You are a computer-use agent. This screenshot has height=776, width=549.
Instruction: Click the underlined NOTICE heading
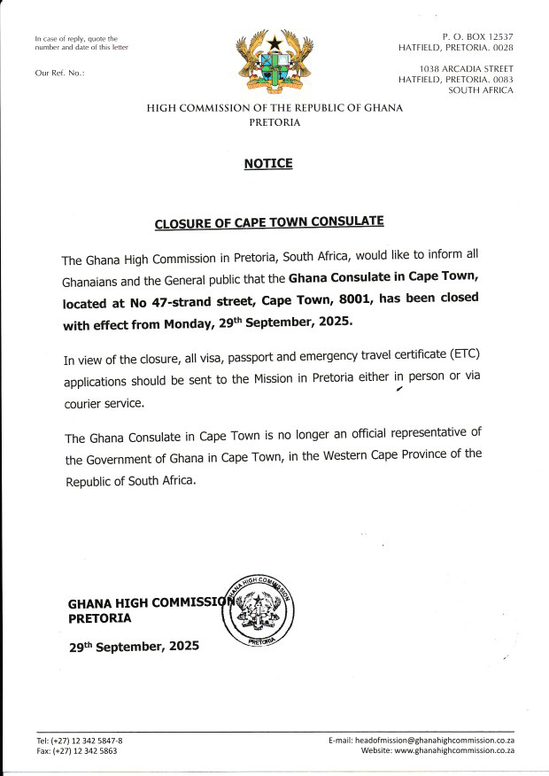(x=267, y=164)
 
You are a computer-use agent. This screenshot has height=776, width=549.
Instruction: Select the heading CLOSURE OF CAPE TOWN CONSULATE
(x=270, y=224)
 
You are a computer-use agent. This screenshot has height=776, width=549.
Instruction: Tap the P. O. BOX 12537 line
(x=477, y=36)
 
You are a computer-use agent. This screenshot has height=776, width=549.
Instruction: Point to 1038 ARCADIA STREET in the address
(x=468, y=68)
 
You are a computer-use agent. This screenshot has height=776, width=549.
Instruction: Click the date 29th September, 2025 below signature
(x=134, y=647)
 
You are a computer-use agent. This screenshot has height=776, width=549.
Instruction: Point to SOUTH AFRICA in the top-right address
(x=481, y=89)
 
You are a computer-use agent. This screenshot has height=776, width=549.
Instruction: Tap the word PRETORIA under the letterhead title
(x=275, y=123)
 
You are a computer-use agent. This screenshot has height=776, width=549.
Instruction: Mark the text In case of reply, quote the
(x=75, y=39)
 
